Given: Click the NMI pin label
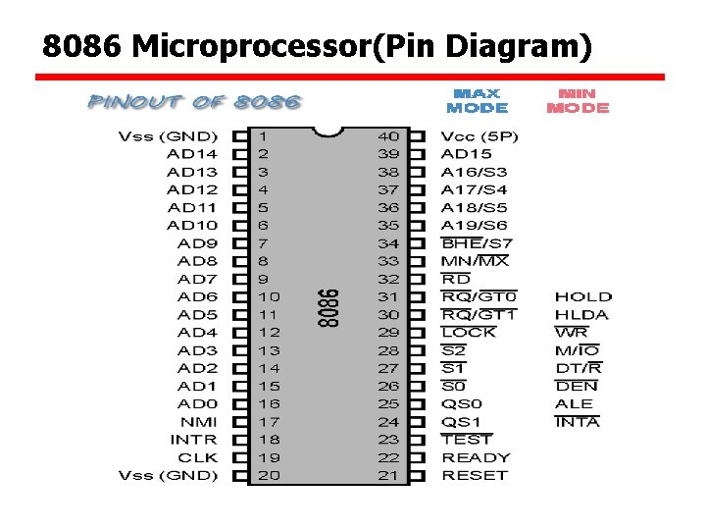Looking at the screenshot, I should pos(199,422).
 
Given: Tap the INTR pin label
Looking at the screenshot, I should pos(194,440).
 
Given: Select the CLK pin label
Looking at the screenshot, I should pos(198,457).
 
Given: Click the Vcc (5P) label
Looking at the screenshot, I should pos(479,136).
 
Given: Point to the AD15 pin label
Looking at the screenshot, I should pos(467,154).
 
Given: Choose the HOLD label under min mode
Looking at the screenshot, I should pos(582,296).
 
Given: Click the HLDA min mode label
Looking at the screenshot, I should pos(581,315).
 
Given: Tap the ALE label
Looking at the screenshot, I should pos(574,403).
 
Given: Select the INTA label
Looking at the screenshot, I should pos(577,422).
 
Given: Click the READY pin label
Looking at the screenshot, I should pos(476,457).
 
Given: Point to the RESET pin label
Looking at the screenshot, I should pos(475,475).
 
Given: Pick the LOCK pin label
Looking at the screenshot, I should pos(469,333).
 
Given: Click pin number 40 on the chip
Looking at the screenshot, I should pos(388,136).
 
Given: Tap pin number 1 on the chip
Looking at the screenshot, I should pos(263,136).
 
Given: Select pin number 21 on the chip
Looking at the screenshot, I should pos(388,475).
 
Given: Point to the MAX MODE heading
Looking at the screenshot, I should pos(478,100).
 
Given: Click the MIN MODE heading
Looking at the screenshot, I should pos(578,100).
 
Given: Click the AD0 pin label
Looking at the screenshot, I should pos(198,403).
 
